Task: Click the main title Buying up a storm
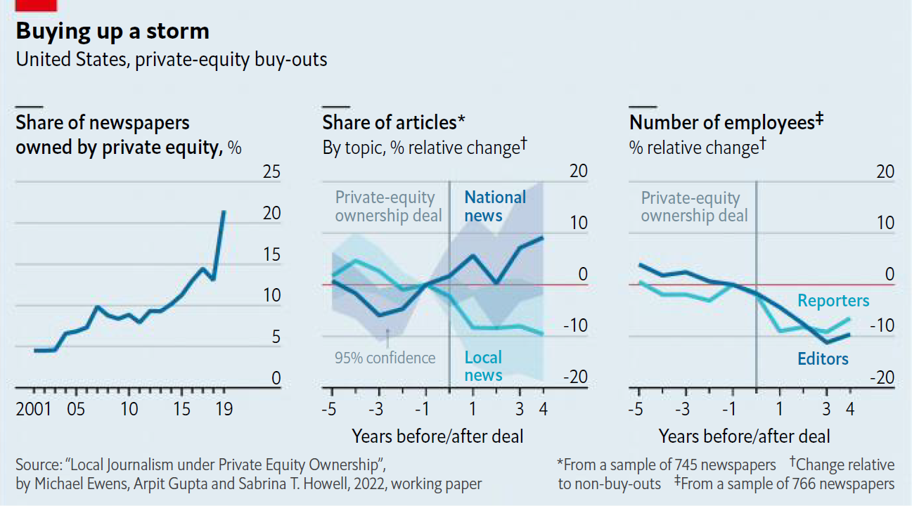(x=113, y=32)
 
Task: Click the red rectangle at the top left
(x=36, y=5)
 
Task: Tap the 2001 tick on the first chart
(x=34, y=409)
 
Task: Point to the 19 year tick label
(x=224, y=409)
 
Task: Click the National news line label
(x=495, y=207)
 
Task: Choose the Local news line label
(x=484, y=367)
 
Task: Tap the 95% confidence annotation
(x=385, y=358)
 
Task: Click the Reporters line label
(x=833, y=301)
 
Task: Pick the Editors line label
(x=823, y=359)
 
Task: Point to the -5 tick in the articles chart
(x=329, y=409)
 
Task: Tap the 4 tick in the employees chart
(x=849, y=409)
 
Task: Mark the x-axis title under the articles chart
(x=437, y=436)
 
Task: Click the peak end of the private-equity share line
(x=224, y=212)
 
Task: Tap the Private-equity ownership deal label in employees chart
(x=694, y=207)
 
